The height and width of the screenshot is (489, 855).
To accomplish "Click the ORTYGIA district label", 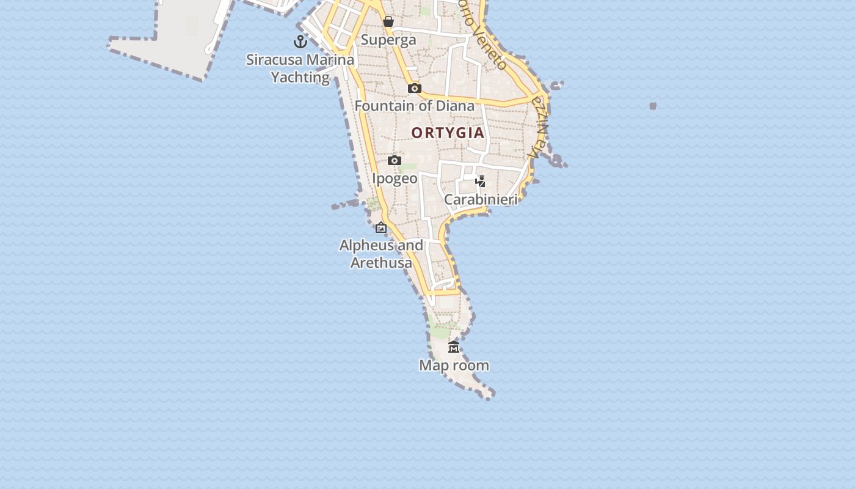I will coord(448,133).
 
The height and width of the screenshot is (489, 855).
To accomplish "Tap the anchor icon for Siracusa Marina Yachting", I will coord(300,42).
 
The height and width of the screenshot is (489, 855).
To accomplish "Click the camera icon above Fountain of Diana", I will coord(415,88).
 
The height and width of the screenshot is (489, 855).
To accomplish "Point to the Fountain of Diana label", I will coord(414,106).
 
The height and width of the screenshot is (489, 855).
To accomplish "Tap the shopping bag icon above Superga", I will coord(388,22).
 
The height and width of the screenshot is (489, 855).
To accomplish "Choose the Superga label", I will coord(388,40).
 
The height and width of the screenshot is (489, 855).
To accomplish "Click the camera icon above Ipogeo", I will coord(395,160).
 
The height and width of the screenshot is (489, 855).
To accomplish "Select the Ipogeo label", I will coord(395,178).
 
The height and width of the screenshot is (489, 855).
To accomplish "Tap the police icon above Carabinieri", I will coord(481,181).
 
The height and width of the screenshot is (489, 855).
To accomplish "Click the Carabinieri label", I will coord(481,199).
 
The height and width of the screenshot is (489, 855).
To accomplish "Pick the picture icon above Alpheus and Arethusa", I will coord(381,227).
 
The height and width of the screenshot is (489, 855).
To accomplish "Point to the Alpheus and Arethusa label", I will coord(381,254).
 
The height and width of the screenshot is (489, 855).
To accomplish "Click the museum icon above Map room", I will coord(454,347).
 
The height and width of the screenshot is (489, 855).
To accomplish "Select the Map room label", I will coord(454,366).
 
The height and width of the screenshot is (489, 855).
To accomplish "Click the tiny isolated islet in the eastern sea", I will coord(653,106).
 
